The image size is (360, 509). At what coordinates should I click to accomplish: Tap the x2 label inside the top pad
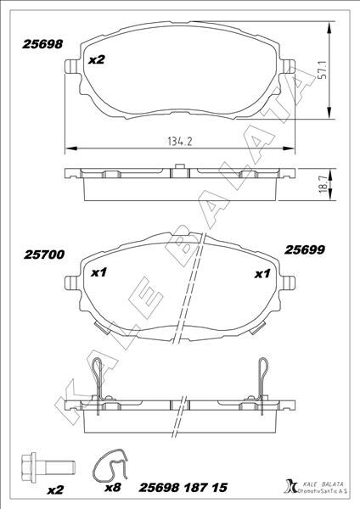pos(96,60)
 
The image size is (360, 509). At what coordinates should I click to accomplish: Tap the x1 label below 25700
pos(98,274)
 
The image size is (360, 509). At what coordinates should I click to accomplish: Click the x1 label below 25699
pos(262,274)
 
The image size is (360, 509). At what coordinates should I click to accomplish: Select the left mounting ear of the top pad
pos(68,71)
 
